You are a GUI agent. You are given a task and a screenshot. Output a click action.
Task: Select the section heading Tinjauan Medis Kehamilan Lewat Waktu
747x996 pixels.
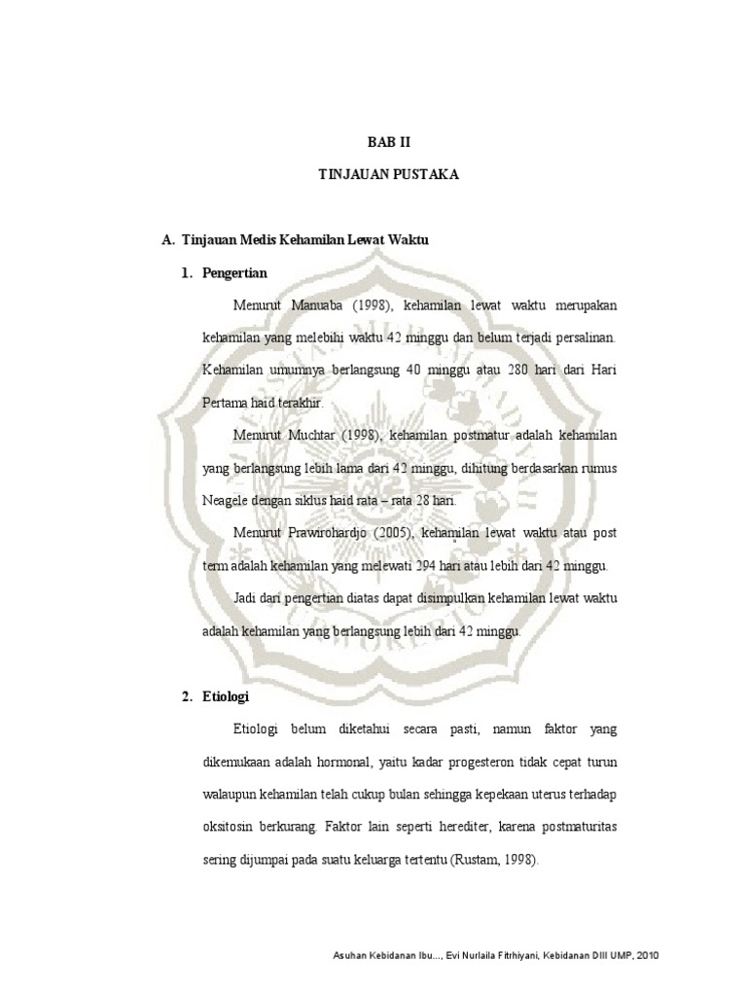pos(304,239)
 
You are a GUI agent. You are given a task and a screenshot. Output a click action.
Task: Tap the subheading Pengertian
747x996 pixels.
pos(233,272)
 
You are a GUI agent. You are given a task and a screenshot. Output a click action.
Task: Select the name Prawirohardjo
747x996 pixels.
pos(337,533)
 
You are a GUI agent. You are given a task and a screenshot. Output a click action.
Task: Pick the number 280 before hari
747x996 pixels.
pos(498,371)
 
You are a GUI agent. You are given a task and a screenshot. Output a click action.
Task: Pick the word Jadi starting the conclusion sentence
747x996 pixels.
pos(247,598)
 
